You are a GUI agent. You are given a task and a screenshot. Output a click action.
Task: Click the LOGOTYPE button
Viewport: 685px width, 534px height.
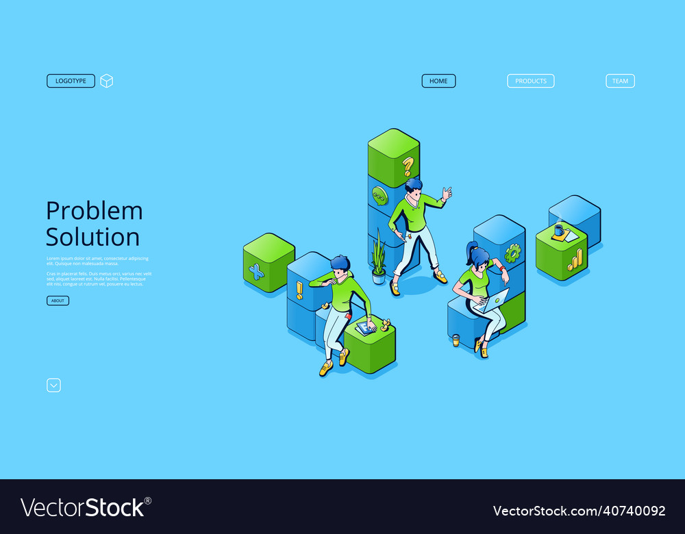[x=71, y=81]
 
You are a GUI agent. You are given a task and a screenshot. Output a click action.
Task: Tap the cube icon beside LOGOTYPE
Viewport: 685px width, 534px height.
[x=106, y=81]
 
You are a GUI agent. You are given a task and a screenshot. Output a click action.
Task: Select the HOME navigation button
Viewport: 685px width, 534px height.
[x=438, y=81]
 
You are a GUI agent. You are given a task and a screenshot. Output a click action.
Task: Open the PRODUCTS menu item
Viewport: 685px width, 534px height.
[x=531, y=81]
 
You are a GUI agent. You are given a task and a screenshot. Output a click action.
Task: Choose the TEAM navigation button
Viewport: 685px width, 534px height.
[x=620, y=81]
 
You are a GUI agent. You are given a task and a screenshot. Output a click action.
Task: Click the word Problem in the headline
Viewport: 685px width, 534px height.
[x=95, y=211]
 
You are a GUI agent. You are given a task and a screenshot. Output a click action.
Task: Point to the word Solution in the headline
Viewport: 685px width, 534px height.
[x=92, y=237]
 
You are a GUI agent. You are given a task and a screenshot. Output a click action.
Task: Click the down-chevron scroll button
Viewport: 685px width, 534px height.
[x=53, y=385]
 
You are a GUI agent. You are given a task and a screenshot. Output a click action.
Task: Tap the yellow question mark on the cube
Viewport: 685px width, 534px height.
[x=408, y=166]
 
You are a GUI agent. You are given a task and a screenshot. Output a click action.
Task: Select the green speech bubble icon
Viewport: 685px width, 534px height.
[x=379, y=196]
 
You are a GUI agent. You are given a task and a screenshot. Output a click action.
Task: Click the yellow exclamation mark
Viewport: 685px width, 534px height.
[x=299, y=290]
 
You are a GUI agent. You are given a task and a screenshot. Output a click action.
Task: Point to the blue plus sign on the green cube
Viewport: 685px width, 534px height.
[x=256, y=272]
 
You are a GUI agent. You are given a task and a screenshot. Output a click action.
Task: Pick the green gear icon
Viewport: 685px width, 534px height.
[x=512, y=253]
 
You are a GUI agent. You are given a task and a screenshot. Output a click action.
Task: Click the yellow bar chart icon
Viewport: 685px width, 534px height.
[x=575, y=259]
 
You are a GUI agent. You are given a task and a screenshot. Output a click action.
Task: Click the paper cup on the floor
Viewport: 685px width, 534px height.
[x=456, y=340]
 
